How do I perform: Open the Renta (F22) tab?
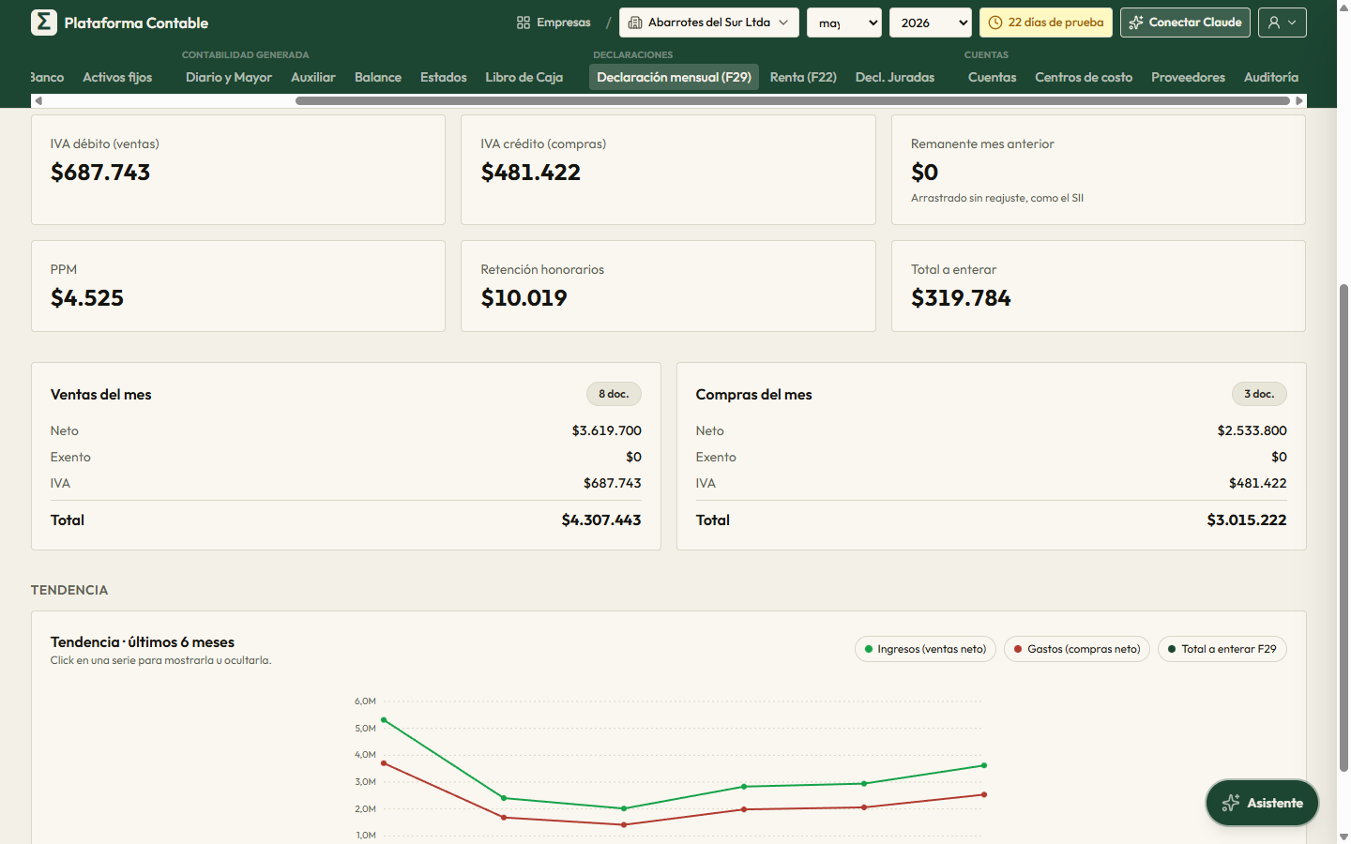(x=803, y=77)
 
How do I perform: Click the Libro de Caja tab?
(x=524, y=77)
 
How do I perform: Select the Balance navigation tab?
(x=377, y=77)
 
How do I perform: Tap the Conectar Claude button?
(x=1185, y=23)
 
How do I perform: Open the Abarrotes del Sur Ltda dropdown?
(x=708, y=23)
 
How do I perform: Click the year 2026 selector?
(x=930, y=23)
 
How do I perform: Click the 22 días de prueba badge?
(x=1046, y=23)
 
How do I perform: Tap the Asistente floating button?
(x=1263, y=803)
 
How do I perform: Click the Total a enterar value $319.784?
(x=961, y=298)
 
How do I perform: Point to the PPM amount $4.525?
(x=87, y=298)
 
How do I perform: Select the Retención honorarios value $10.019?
(x=524, y=298)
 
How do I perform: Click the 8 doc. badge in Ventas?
(x=614, y=394)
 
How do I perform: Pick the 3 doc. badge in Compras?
(x=1259, y=394)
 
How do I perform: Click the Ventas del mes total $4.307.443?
(x=600, y=520)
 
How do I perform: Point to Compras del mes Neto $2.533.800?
(x=1252, y=430)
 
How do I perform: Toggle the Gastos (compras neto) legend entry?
(x=1077, y=649)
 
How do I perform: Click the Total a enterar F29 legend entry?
(x=1222, y=649)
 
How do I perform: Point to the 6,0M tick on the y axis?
(x=365, y=701)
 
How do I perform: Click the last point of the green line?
(x=983, y=765)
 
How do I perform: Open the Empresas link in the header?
(x=554, y=23)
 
